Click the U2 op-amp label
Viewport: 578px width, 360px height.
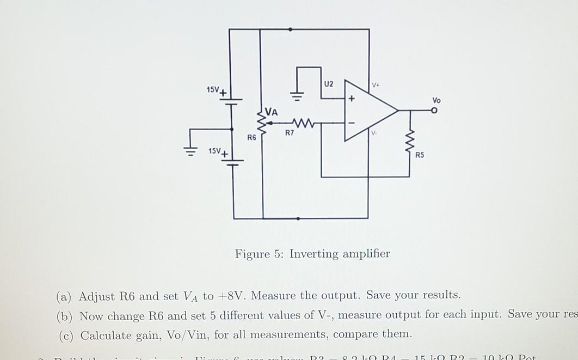(x=328, y=84)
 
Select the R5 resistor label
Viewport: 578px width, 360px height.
(x=420, y=155)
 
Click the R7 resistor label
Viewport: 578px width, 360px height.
(x=289, y=132)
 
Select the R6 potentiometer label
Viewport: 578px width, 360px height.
(x=251, y=137)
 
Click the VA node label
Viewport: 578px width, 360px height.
(x=271, y=113)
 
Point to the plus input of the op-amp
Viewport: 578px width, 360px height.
(x=352, y=99)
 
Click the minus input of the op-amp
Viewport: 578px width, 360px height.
(x=352, y=123)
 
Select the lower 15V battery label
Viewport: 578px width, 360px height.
(x=216, y=150)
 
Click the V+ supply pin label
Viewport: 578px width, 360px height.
(x=376, y=86)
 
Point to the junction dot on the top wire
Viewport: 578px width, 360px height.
(x=291, y=29)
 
